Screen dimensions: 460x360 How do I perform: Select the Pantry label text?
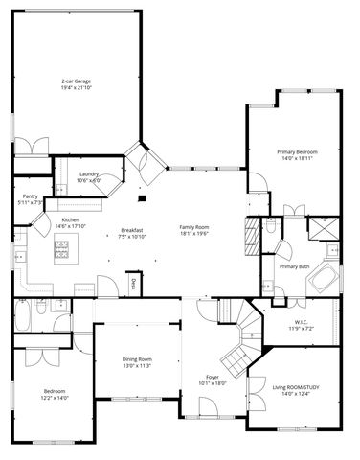[x=30, y=199]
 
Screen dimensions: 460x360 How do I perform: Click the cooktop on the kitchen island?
[x=62, y=251]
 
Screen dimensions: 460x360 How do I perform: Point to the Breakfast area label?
[x=132, y=230]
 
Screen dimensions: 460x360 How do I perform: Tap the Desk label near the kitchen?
[x=133, y=283]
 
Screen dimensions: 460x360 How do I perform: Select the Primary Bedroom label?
[x=297, y=153]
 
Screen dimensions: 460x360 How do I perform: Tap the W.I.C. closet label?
[x=301, y=322]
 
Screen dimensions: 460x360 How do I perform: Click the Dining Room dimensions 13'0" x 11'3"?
[x=137, y=366]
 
